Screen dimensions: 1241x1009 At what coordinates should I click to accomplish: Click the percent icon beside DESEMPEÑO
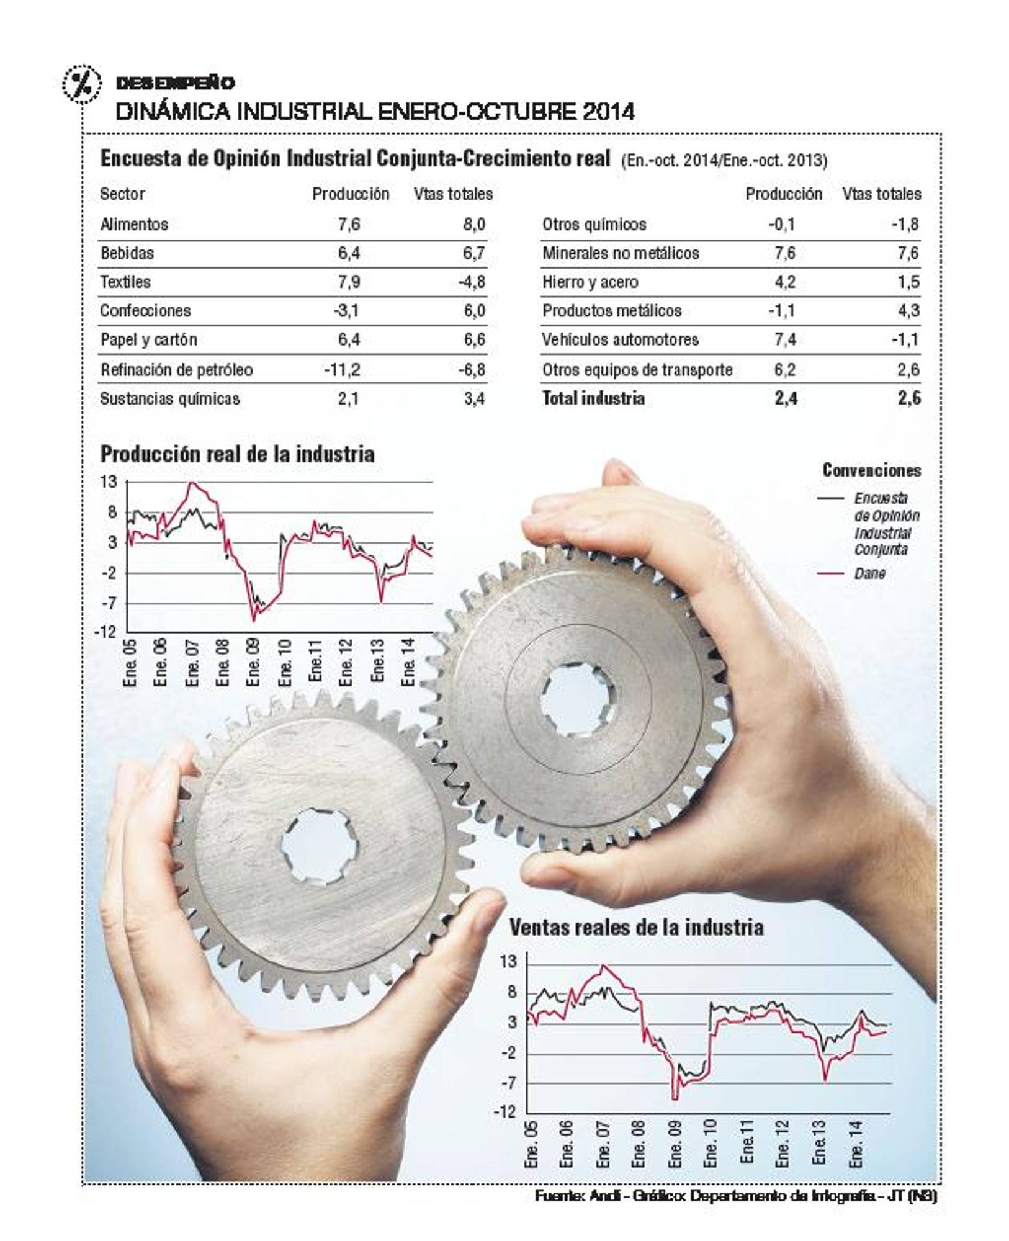point(81,83)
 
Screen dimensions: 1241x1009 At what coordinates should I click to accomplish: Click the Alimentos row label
point(134,224)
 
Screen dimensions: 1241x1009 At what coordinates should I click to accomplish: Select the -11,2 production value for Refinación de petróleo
point(342,370)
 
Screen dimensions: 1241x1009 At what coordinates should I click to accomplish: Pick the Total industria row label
point(593,398)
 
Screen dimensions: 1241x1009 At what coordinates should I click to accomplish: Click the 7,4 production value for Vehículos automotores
point(785,340)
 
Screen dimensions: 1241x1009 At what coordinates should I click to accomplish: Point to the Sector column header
point(122,194)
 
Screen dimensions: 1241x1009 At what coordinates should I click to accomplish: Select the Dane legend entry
point(869,573)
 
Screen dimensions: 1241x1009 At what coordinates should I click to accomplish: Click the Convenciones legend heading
point(871,470)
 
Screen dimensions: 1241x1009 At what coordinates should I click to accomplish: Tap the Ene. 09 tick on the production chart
point(253,663)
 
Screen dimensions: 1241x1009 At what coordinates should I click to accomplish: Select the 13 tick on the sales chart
point(508,961)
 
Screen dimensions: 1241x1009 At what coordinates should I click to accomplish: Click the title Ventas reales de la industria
point(636,928)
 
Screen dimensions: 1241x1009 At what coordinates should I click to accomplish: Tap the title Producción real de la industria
point(237,454)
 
